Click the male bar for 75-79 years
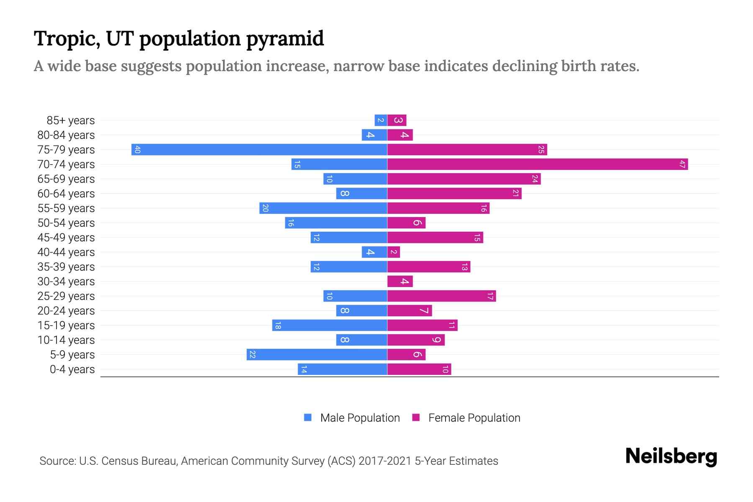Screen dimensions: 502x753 pos(259,150)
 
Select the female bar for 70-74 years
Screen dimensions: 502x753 pos(538,164)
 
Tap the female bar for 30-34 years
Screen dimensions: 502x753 pos(400,282)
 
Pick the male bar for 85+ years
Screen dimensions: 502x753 pos(381,120)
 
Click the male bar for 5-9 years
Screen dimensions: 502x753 pos(317,355)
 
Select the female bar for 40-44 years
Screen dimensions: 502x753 pos(394,252)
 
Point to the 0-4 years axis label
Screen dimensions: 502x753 pos(72,369)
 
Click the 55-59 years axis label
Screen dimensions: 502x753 pos(66,208)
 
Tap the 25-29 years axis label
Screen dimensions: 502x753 pos(66,296)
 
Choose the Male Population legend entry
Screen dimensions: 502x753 pos(360,418)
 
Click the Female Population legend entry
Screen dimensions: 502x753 pos(474,418)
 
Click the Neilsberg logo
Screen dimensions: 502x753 pos(671,456)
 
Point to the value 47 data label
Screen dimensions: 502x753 pos(682,164)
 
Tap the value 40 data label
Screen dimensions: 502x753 pos(137,150)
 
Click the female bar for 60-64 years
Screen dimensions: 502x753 pos(454,194)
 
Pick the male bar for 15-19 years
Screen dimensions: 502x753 pos(330,325)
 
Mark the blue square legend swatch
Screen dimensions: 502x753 pos(308,417)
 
